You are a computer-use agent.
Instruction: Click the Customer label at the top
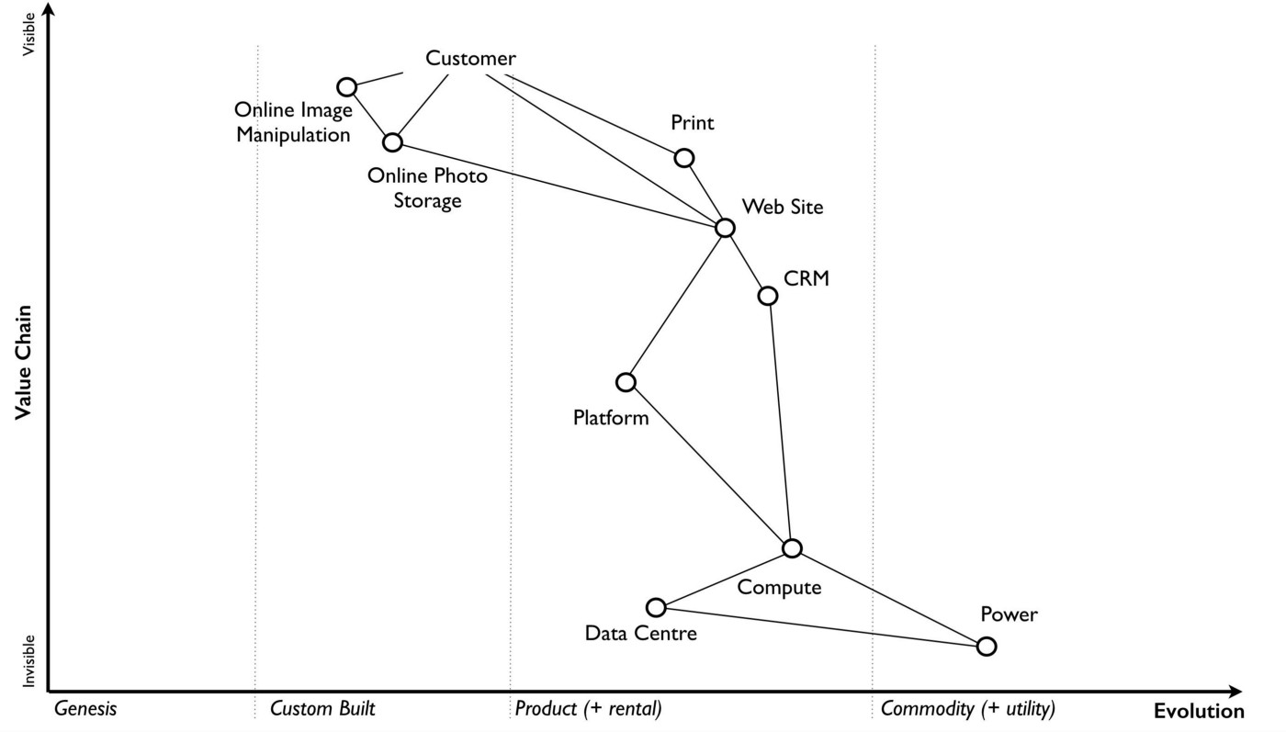pyautogui.click(x=470, y=59)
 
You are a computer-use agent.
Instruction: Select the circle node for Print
pyautogui.click(x=684, y=158)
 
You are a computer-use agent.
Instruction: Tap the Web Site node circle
pyautogui.click(x=726, y=228)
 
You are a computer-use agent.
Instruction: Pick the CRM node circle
pyautogui.click(x=768, y=296)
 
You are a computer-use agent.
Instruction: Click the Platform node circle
pyautogui.click(x=626, y=382)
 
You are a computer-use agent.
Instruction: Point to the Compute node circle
pyautogui.click(x=792, y=548)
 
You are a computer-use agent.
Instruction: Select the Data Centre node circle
pyautogui.click(x=656, y=607)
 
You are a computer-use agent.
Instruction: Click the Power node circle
pyautogui.click(x=986, y=647)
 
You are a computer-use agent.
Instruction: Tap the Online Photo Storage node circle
pyautogui.click(x=393, y=142)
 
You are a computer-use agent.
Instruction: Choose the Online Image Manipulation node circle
pyautogui.click(x=347, y=87)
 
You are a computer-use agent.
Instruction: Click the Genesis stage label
pyautogui.click(x=85, y=709)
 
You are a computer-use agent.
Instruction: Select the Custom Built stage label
pyautogui.click(x=323, y=709)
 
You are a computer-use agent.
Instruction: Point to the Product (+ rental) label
pyautogui.click(x=588, y=709)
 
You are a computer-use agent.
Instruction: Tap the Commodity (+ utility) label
pyautogui.click(x=968, y=709)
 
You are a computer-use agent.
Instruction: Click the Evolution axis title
pyautogui.click(x=1199, y=711)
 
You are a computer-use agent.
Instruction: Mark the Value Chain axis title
pyautogui.click(x=23, y=363)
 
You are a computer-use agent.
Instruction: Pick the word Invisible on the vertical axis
pyautogui.click(x=29, y=660)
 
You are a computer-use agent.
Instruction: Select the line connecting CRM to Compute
pyautogui.click(x=780, y=422)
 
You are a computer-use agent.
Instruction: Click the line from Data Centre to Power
pyautogui.click(x=820, y=626)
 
